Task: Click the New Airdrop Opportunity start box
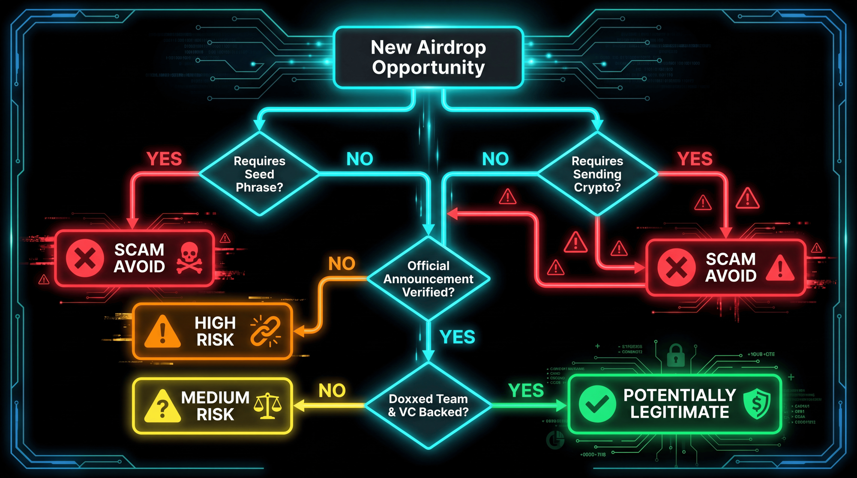pyautogui.click(x=428, y=57)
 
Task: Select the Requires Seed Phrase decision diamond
pyautogui.click(x=259, y=174)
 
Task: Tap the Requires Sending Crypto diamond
pyautogui.click(x=597, y=174)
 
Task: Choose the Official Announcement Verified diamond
pyautogui.click(x=428, y=279)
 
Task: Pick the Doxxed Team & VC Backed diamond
pyautogui.click(x=428, y=405)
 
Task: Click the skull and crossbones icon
pyautogui.click(x=189, y=258)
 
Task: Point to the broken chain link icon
pyautogui.click(x=265, y=331)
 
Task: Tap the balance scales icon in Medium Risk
pyautogui.click(x=267, y=406)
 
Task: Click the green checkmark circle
pyautogui.click(x=597, y=404)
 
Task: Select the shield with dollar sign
pyautogui.click(x=757, y=403)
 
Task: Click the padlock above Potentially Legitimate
pyautogui.click(x=676, y=356)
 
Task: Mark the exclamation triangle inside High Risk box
pyautogui.click(x=162, y=332)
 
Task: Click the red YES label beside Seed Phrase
pyautogui.click(x=164, y=159)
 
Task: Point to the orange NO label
pyautogui.click(x=342, y=264)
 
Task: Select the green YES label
pyautogui.click(x=526, y=391)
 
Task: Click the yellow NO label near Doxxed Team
pyautogui.click(x=332, y=391)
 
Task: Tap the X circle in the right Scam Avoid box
pyautogui.click(x=677, y=267)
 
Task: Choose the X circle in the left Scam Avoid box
pyautogui.click(x=85, y=258)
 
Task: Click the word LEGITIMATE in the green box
pyautogui.click(x=680, y=412)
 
